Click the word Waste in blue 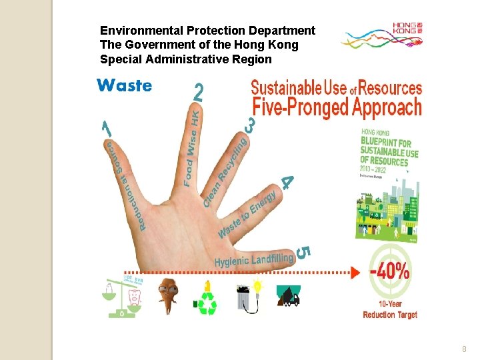pyautogui.click(x=124, y=85)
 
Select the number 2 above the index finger pyautogui.click(x=198, y=93)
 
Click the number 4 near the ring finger pyautogui.click(x=287, y=181)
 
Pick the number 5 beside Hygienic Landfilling pyautogui.click(x=302, y=252)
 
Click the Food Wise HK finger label pyautogui.click(x=192, y=148)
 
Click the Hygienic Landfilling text pyautogui.click(x=253, y=259)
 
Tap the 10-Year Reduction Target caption pyautogui.click(x=390, y=310)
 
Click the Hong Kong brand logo pyautogui.click(x=381, y=37)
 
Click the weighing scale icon pyautogui.click(x=125, y=296)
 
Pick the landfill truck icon pyautogui.click(x=288, y=297)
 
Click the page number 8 pyautogui.click(x=464, y=349)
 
